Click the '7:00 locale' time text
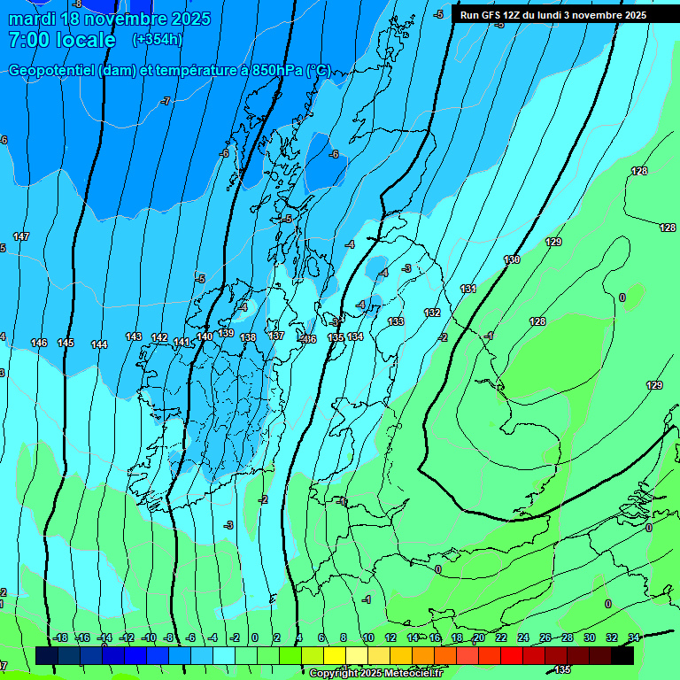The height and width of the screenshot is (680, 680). (62, 40)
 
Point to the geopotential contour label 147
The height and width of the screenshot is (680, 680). (22, 236)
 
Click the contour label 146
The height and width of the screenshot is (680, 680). (39, 343)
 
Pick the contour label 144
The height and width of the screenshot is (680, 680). (99, 344)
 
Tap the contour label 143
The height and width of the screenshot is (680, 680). (134, 336)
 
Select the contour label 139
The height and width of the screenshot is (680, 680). (227, 333)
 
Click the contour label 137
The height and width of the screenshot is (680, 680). (276, 336)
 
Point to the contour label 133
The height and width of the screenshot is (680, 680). (396, 321)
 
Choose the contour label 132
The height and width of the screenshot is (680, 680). (432, 313)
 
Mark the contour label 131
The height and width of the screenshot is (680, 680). (468, 290)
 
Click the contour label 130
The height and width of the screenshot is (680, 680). (512, 259)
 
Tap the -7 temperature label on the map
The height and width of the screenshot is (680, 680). (166, 102)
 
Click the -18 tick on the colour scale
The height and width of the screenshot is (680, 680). (59, 637)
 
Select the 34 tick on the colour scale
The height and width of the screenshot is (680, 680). (633, 637)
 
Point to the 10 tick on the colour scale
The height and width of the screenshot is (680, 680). (367, 637)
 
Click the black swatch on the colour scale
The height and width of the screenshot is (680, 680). (622, 655)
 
